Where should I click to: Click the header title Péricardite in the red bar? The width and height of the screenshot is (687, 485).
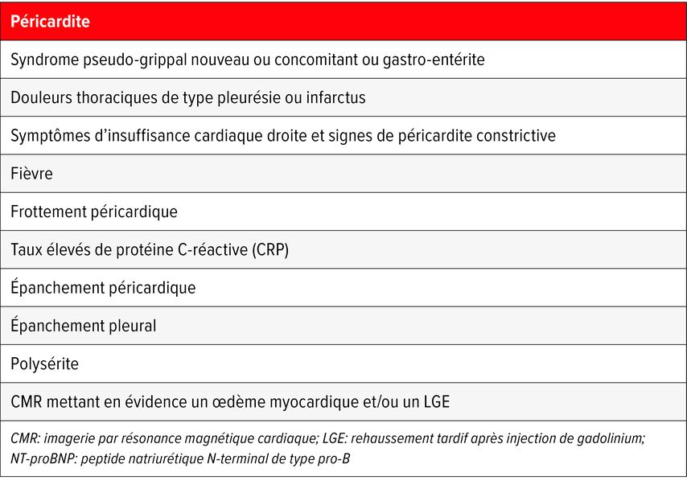(50, 22)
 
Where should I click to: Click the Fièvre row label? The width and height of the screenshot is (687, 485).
(32, 174)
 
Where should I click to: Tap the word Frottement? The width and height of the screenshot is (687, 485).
(49, 212)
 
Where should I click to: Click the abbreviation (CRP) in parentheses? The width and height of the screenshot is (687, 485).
(267, 250)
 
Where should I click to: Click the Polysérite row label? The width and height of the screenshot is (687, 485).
(44, 364)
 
